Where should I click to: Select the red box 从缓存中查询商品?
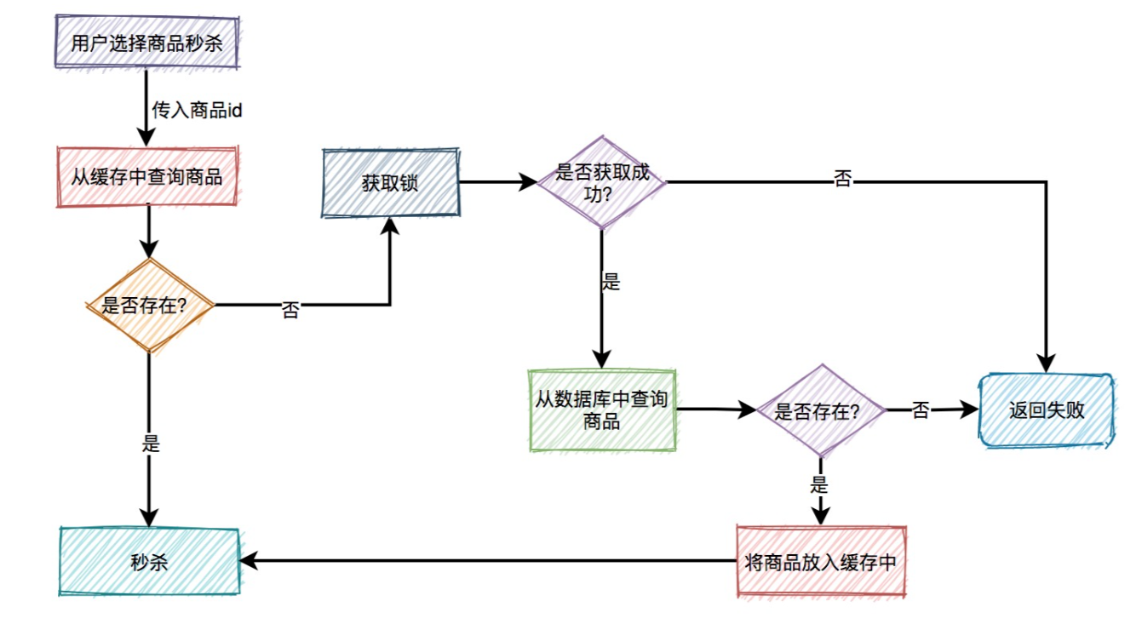[147, 177]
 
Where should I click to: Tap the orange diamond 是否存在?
[149, 305]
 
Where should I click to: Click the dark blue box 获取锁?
[390, 182]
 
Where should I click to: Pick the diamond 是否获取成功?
[601, 181]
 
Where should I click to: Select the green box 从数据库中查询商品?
[601, 410]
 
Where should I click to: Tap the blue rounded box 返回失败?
[1047, 410]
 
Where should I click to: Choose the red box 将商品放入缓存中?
[820, 562]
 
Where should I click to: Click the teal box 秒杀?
[149, 561]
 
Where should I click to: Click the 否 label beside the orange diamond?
[290, 310]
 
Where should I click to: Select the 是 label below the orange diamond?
[152, 444]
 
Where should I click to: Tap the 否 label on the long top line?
[842, 180]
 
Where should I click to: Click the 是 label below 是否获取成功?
[611, 283]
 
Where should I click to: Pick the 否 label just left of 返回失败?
[921, 411]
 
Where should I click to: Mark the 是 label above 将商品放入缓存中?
[819, 486]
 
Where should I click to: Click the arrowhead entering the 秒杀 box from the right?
[248, 561]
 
